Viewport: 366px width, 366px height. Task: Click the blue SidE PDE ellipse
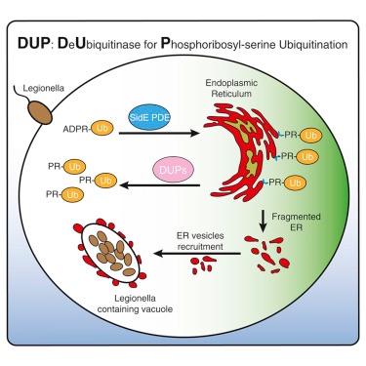point(149,117)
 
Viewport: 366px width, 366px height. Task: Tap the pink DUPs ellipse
point(173,169)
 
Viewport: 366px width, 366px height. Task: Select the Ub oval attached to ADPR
point(102,128)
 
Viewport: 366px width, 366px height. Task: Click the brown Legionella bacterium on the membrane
point(40,112)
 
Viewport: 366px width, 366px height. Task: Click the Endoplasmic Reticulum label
point(231,88)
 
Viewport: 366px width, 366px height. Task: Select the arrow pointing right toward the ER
point(159,133)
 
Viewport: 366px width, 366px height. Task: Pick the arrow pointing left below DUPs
point(160,185)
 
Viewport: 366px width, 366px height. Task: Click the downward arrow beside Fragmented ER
point(264,222)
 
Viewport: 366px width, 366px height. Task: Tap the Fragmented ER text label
point(296,222)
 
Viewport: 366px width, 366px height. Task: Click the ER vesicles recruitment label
point(200,241)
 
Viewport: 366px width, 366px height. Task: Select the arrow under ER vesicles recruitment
point(197,253)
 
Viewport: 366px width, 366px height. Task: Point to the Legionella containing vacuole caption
point(135,304)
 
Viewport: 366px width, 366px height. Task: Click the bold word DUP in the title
point(33,44)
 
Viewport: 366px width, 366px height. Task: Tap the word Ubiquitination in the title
point(313,44)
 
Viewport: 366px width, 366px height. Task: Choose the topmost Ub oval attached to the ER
point(310,136)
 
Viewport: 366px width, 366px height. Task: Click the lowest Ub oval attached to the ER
point(295,183)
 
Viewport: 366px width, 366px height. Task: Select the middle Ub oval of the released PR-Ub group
point(105,181)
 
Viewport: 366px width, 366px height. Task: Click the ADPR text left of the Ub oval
point(76,129)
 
